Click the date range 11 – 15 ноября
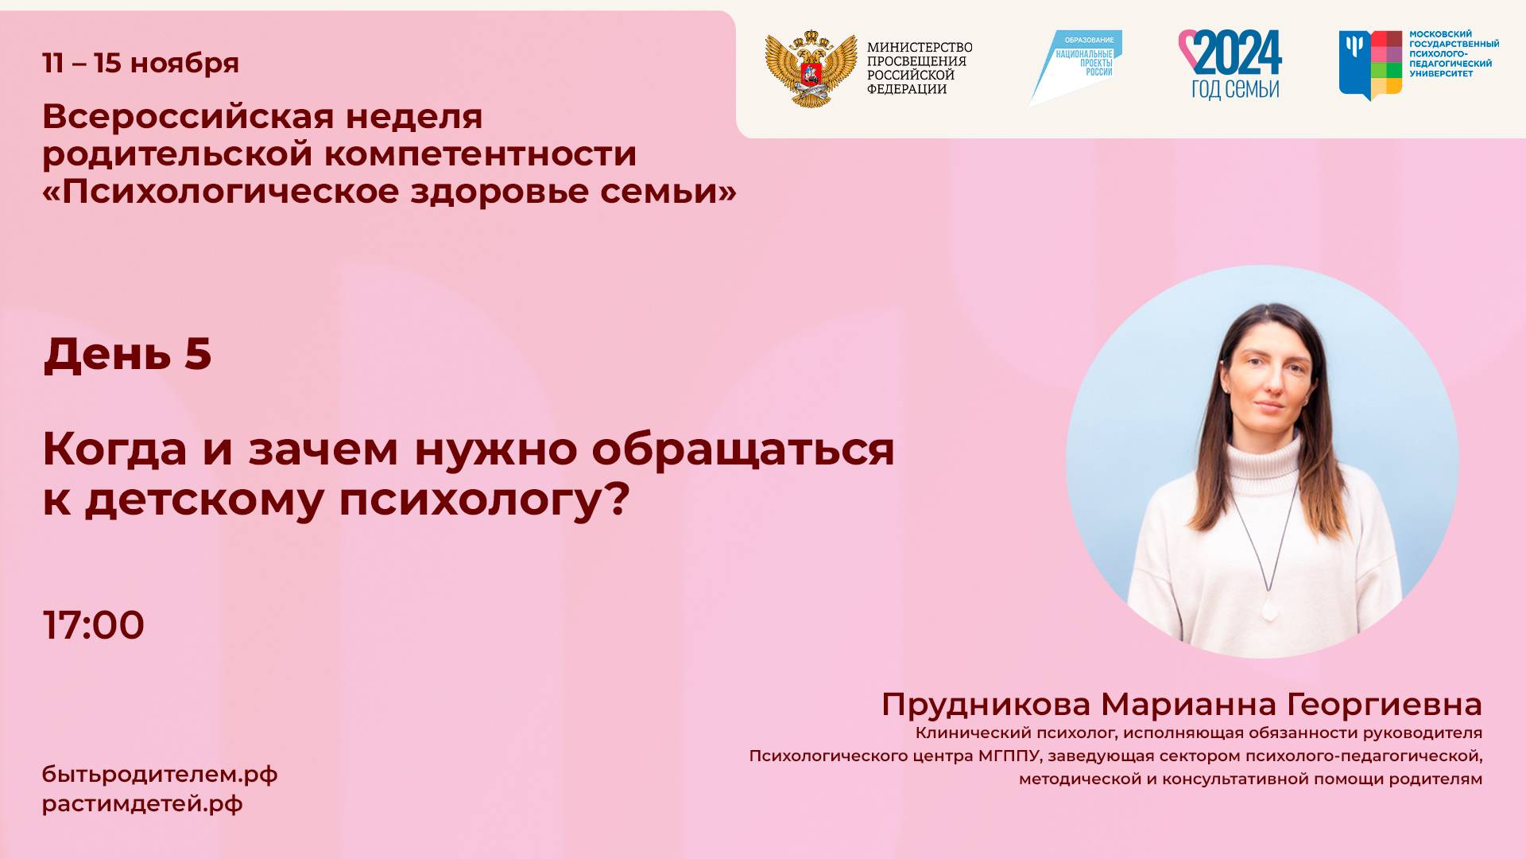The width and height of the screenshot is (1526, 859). point(141,63)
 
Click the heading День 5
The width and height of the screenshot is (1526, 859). point(127,354)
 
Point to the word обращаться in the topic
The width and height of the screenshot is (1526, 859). point(742,449)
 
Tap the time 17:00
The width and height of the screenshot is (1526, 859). point(94,625)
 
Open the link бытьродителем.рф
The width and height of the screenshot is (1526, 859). point(160,774)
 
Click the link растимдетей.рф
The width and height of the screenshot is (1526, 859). point(142,803)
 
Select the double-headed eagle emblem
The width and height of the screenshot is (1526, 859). point(811,69)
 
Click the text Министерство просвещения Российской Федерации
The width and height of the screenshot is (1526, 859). point(919,68)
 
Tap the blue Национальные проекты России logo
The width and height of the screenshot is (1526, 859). point(1077,66)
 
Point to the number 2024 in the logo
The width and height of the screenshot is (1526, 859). point(1237,53)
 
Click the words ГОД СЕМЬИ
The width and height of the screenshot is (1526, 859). point(1235,89)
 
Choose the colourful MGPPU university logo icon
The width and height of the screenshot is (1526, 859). point(1370,64)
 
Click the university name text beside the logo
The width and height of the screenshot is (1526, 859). point(1454,54)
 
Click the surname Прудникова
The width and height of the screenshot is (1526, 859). point(986,705)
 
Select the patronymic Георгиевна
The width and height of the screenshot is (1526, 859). point(1384,705)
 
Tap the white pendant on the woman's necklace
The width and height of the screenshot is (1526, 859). point(1268,611)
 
